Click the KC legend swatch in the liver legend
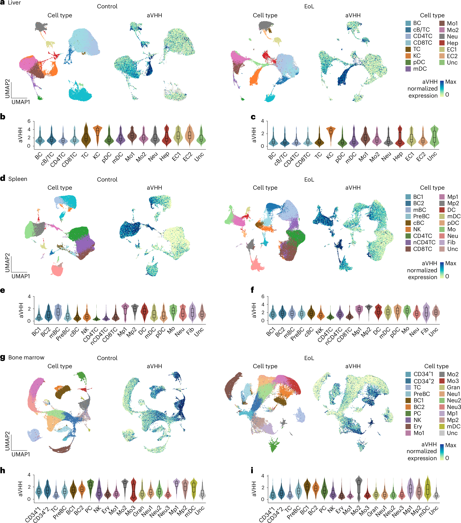[x=408, y=56]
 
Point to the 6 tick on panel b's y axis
[x=29, y=121]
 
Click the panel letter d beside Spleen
[x=3, y=178]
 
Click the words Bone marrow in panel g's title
[x=26, y=357]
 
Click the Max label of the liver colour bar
[x=451, y=82]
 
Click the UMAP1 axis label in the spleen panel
[x=21, y=276]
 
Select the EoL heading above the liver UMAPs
[x=309, y=6]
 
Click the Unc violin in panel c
[x=434, y=137]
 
